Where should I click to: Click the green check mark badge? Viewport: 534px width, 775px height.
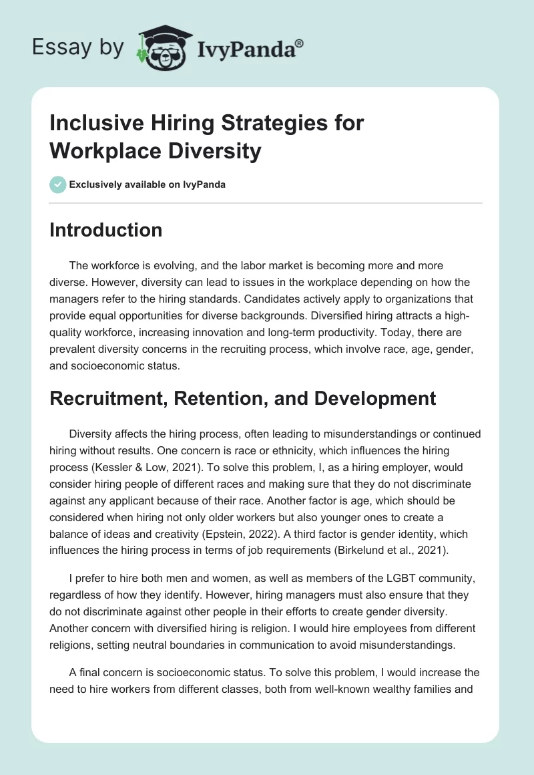pyautogui.click(x=57, y=184)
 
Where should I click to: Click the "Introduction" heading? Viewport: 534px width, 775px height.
pyautogui.click(x=106, y=230)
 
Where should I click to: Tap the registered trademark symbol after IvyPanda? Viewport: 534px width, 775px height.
pyautogui.click(x=300, y=43)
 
